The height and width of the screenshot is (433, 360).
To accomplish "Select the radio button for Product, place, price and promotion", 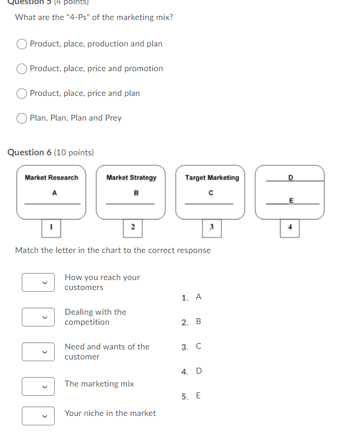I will (22, 69).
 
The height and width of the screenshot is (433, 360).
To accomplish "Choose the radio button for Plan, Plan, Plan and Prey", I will (22, 118).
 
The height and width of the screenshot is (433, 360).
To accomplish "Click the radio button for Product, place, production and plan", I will (22, 44).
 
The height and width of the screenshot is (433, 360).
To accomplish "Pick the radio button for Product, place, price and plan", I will (22, 94).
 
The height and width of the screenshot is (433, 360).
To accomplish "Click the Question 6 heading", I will (51, 152).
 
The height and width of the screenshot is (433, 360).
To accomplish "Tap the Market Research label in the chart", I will (51, 178).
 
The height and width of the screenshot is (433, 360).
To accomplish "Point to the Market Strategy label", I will (131, 178).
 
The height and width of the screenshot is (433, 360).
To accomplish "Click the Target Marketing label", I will (212, 178).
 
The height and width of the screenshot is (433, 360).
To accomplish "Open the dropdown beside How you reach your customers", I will (39, 282).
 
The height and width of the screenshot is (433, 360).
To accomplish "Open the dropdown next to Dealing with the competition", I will (39, 317).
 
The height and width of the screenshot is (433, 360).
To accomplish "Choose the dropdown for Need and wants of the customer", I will (39, 352).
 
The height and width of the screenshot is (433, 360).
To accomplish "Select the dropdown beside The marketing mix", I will (39, 387).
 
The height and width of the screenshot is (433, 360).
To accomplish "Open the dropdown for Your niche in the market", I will (39, 415).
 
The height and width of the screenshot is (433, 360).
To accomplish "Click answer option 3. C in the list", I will (192, 347).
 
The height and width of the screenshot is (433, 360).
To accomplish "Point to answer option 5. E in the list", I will (192, 396).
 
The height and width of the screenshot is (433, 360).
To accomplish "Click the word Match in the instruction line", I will (26, 251).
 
